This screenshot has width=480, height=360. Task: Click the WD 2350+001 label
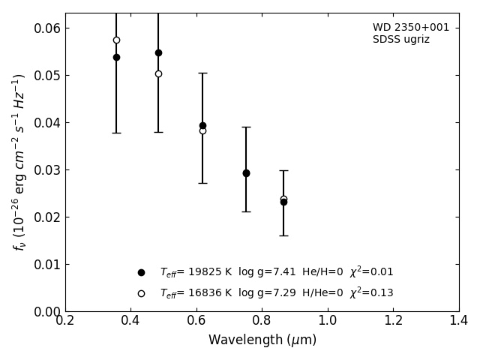click(411, 28)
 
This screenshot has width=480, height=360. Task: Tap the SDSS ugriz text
click(401, 40)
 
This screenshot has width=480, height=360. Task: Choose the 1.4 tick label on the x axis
click(458, 321)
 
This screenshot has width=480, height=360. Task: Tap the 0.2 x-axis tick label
click(65, 321)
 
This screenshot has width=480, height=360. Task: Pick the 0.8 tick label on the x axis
click(262, 321)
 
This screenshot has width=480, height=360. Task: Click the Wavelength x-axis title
click(262, 340)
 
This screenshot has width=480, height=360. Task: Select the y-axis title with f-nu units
click(19, 162)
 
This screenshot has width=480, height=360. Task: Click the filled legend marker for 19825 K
click(141, 272)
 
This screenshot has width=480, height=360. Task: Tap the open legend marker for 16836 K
click(141, 293)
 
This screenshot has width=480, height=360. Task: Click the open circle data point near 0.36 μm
click(116, 40)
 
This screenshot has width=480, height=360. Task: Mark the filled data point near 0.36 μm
click(116, 57)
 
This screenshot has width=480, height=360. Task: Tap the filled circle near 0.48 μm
click(158, 52)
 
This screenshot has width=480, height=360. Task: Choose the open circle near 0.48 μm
click(158, 73)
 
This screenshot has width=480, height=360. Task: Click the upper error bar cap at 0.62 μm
click(202, 73)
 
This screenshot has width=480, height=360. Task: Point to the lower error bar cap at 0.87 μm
click(283, 235)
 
